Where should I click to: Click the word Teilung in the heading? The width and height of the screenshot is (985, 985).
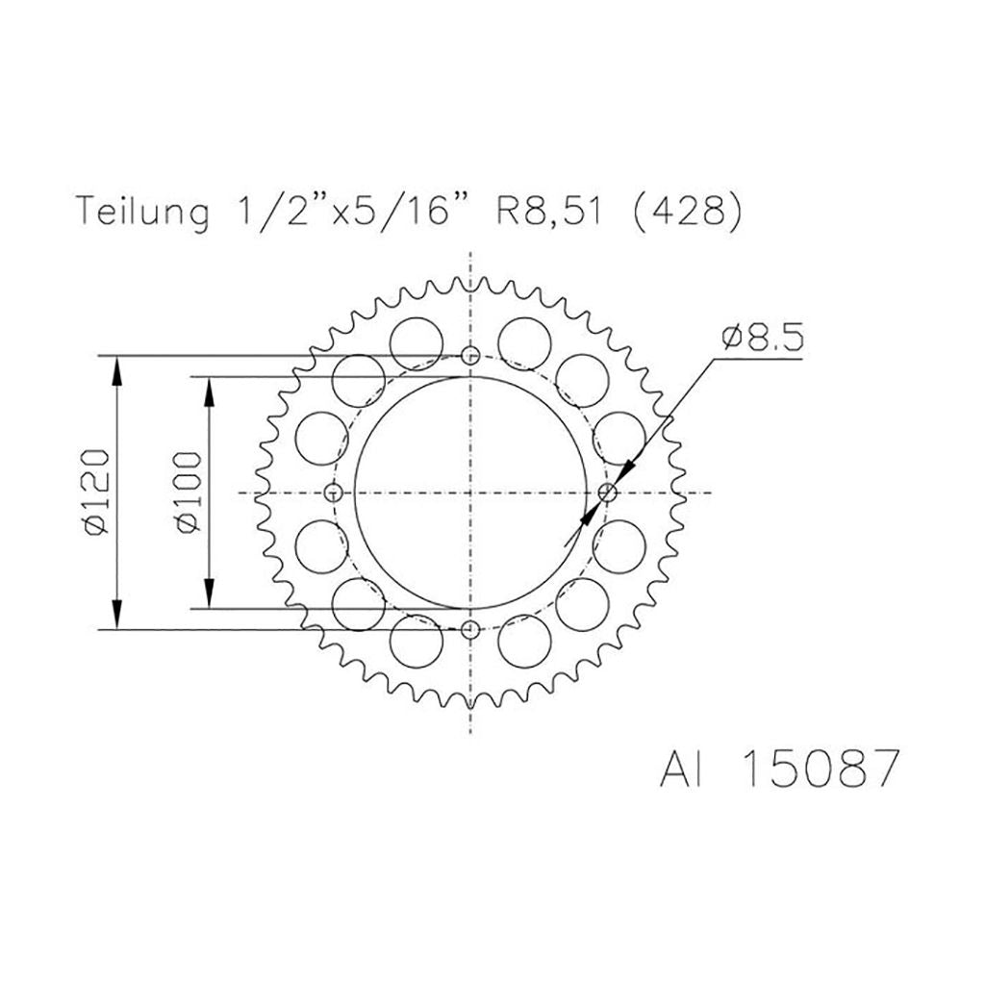click(142, 212)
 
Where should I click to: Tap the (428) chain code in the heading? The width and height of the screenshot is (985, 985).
click(687, 213)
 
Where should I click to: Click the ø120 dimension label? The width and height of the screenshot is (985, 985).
click(97, 492)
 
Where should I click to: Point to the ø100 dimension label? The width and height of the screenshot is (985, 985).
click(189, 492)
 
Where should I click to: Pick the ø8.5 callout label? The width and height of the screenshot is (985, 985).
click(763, 340)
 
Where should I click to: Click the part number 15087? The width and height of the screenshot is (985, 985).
click(818, 768)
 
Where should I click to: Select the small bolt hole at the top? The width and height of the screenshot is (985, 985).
click(470, 356)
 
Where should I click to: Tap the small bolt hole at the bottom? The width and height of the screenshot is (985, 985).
click(470, 629)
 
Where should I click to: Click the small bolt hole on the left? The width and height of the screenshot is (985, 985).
click(334, 492)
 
